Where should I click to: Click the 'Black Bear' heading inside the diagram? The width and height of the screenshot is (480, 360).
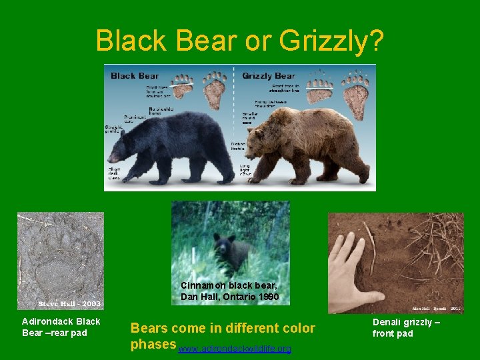tap(135, 75)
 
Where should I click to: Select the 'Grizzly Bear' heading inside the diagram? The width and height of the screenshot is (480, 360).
tap(269, 75)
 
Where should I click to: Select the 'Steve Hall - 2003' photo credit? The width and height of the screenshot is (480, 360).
tap(69, 303)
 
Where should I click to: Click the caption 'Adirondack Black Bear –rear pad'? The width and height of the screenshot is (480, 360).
tap(61, 327)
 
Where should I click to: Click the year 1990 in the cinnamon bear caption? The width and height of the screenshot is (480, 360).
tap(266, 296)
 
